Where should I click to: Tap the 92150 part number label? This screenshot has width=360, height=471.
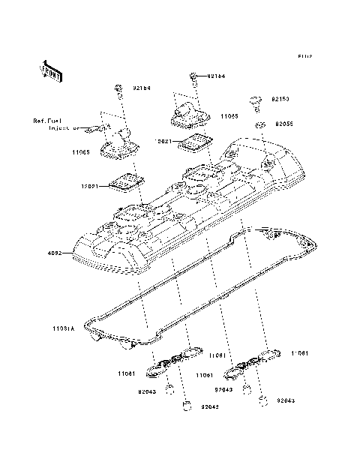coord(280,98)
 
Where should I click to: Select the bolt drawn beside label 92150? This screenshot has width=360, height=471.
coord(255,100)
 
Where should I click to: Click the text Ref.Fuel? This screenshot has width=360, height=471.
coord(47,120)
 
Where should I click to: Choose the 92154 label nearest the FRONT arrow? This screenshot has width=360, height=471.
coord(142,88)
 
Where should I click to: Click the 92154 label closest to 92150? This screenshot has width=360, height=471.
coord(216,76)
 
